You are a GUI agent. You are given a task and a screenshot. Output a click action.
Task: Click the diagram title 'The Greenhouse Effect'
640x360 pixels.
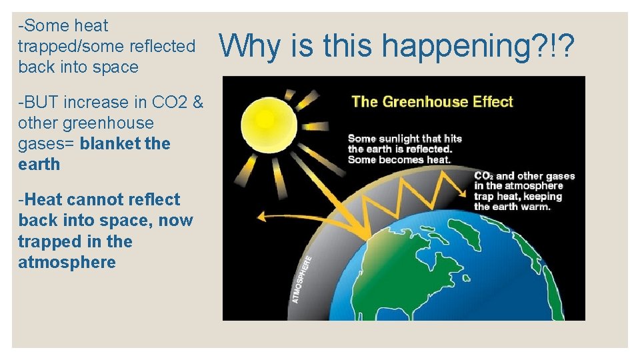point(432,102)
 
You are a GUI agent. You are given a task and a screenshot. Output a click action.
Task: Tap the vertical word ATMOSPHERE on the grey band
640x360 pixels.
point(302,279)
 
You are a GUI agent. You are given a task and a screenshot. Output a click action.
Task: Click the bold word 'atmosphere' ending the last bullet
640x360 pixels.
point(67,262)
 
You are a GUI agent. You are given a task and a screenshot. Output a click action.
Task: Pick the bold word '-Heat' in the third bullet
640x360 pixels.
point(41,199)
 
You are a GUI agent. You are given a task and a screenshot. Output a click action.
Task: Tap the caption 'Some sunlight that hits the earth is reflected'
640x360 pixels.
point(404,143)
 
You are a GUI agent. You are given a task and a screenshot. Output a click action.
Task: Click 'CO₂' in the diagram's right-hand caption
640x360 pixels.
point(483,177)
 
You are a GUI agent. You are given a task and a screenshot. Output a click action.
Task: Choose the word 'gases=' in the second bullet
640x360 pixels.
point(47,144)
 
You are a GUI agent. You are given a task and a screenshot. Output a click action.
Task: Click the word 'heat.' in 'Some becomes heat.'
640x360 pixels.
point(436,159)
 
